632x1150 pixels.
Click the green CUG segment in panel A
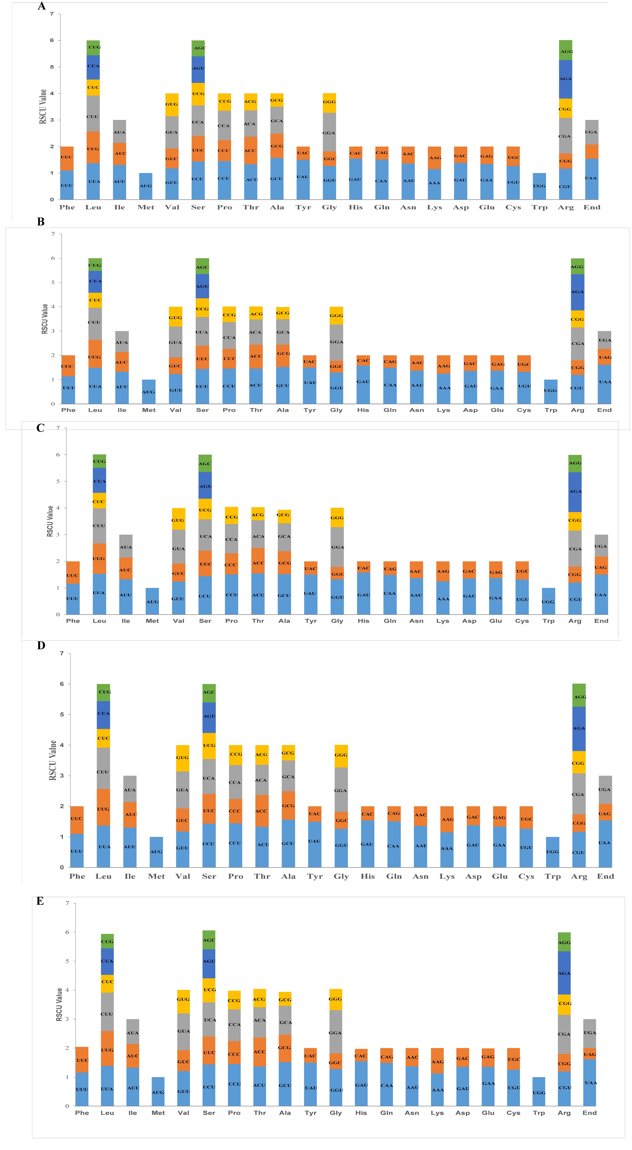click(x=93, y=47)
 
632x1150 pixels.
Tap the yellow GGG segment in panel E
click(x=335, y=999)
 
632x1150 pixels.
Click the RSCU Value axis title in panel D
click(x=53, y=760)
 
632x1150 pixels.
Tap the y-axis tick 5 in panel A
click(x=52, y=67)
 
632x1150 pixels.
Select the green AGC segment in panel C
click(x=205, y=463)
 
